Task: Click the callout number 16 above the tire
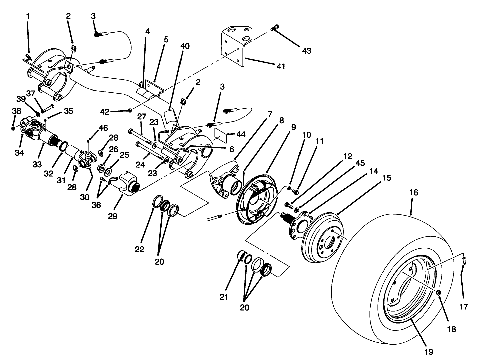coord(413,193)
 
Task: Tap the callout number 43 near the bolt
coord(306,51)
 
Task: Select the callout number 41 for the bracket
coord(281,66)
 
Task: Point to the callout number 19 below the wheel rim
coord(429,351)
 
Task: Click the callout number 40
coord(185,46)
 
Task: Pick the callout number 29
coord(113,216)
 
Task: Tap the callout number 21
coord(224,297)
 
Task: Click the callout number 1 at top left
coord(28,16)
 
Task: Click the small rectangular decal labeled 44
coord(219,134)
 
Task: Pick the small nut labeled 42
coord(130,110)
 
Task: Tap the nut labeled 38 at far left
coord(13,128)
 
